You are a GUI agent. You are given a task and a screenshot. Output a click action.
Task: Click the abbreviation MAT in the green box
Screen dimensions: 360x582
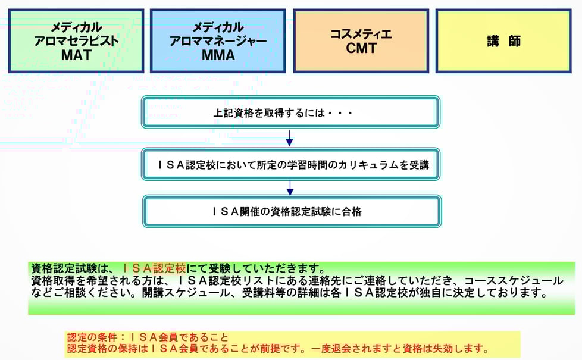[x=76, y=56]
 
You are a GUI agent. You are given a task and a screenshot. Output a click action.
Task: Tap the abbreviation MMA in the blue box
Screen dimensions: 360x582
[x=218, y=56]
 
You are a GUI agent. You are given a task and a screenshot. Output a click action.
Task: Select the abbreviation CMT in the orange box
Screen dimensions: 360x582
[x=361, y=48]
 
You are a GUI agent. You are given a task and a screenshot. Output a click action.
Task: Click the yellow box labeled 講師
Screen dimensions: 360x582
[x=503, y=41]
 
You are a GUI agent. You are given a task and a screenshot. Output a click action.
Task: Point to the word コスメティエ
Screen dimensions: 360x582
[x=361, y=34]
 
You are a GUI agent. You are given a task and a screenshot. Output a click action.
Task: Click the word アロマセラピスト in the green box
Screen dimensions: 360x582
[x=76, y=42]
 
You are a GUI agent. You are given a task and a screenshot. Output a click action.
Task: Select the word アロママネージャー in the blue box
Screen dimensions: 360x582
[x=218, y=42]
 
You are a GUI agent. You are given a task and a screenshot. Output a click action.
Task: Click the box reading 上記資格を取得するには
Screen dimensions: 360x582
[x=290, y=112]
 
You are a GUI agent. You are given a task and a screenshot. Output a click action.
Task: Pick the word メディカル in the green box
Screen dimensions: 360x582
[x=76, y=27]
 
